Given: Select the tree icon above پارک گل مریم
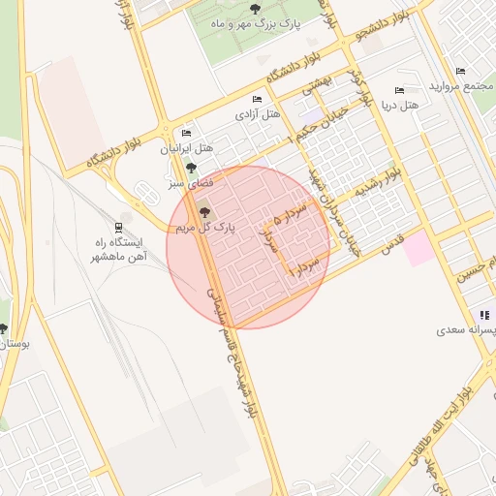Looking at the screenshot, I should click(203, 211).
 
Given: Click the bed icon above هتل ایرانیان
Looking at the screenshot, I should click(186, 134).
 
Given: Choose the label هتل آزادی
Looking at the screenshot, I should click(257, 114).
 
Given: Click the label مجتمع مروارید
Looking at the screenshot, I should click(463, 87).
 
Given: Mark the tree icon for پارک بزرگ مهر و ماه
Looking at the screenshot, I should click(255, 9).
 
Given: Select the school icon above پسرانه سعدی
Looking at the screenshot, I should click(483, 315).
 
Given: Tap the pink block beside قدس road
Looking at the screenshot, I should click(419, 249).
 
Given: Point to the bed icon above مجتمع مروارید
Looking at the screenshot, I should click(460, 71).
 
